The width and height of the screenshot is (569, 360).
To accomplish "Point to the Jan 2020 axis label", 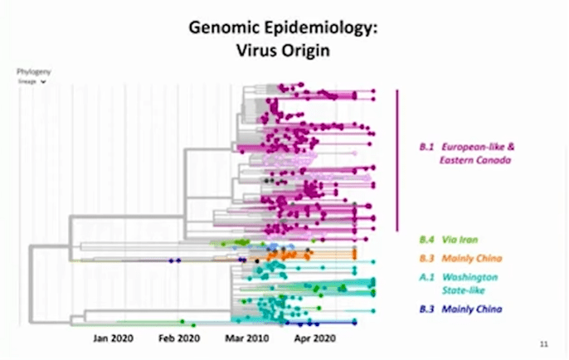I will tap(112, 338).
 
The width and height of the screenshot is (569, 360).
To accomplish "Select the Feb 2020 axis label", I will tap(179, 338).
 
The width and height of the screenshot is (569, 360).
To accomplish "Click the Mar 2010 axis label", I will tap(246, 338).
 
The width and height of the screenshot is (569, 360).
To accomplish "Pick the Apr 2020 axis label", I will tap(314, 338).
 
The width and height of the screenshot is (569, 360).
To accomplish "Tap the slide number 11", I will tap(542, 343).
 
